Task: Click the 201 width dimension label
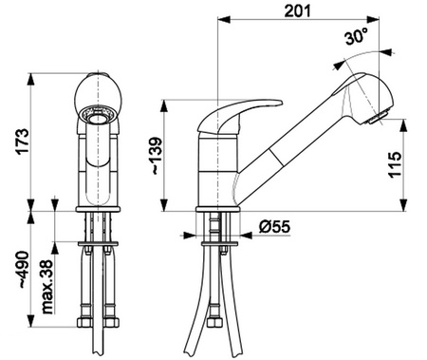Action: tap(297, 10)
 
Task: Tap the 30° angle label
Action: tap(357, 36)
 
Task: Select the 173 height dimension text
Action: tap(23, 142)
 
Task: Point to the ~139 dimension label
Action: tap(157, 156)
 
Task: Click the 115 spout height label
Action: tap(395, 164)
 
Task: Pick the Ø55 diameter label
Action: tap(275, 226)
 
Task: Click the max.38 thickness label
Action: tap(47, 287)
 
